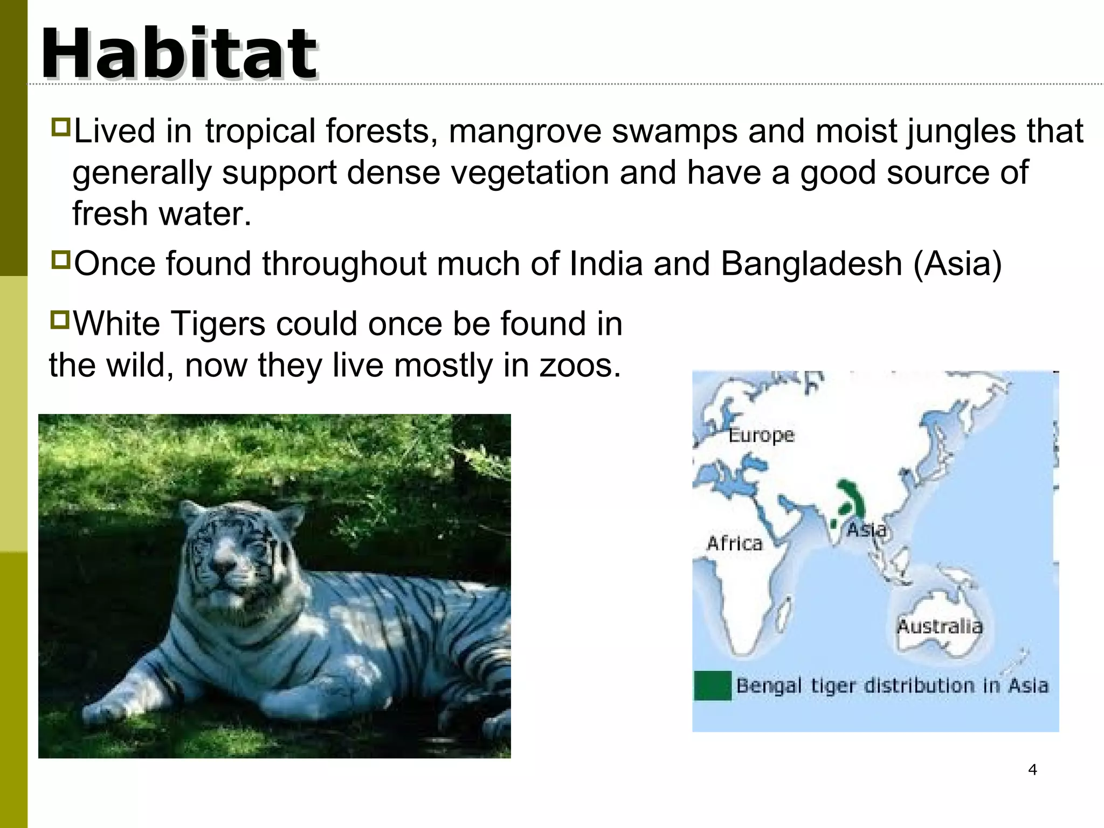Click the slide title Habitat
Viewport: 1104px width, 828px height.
(x=179, y=54)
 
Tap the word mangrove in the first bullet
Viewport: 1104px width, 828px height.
(x=525, y=132)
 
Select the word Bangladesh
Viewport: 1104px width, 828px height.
(x=811, y=264)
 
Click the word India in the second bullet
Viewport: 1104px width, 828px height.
(x=605, y=264)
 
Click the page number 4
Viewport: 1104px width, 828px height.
(x=1032, y=770)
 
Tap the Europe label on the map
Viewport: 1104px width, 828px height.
(x=761, y=435)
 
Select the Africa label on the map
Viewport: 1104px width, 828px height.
(x=734, y=543)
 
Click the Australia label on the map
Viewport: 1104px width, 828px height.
(x=940, y=626)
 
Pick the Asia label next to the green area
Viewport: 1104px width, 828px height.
(x=866, y=530)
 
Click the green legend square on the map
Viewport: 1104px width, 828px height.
(x=712, y=686)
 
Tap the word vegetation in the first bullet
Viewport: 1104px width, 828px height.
(x=530, y=173)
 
